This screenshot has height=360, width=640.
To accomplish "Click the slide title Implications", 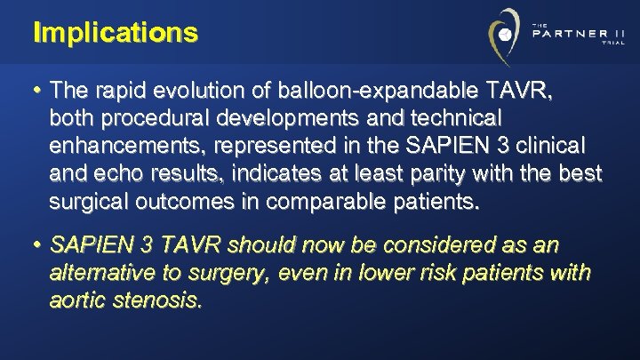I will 115,33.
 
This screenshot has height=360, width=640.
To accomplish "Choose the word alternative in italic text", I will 95,272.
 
